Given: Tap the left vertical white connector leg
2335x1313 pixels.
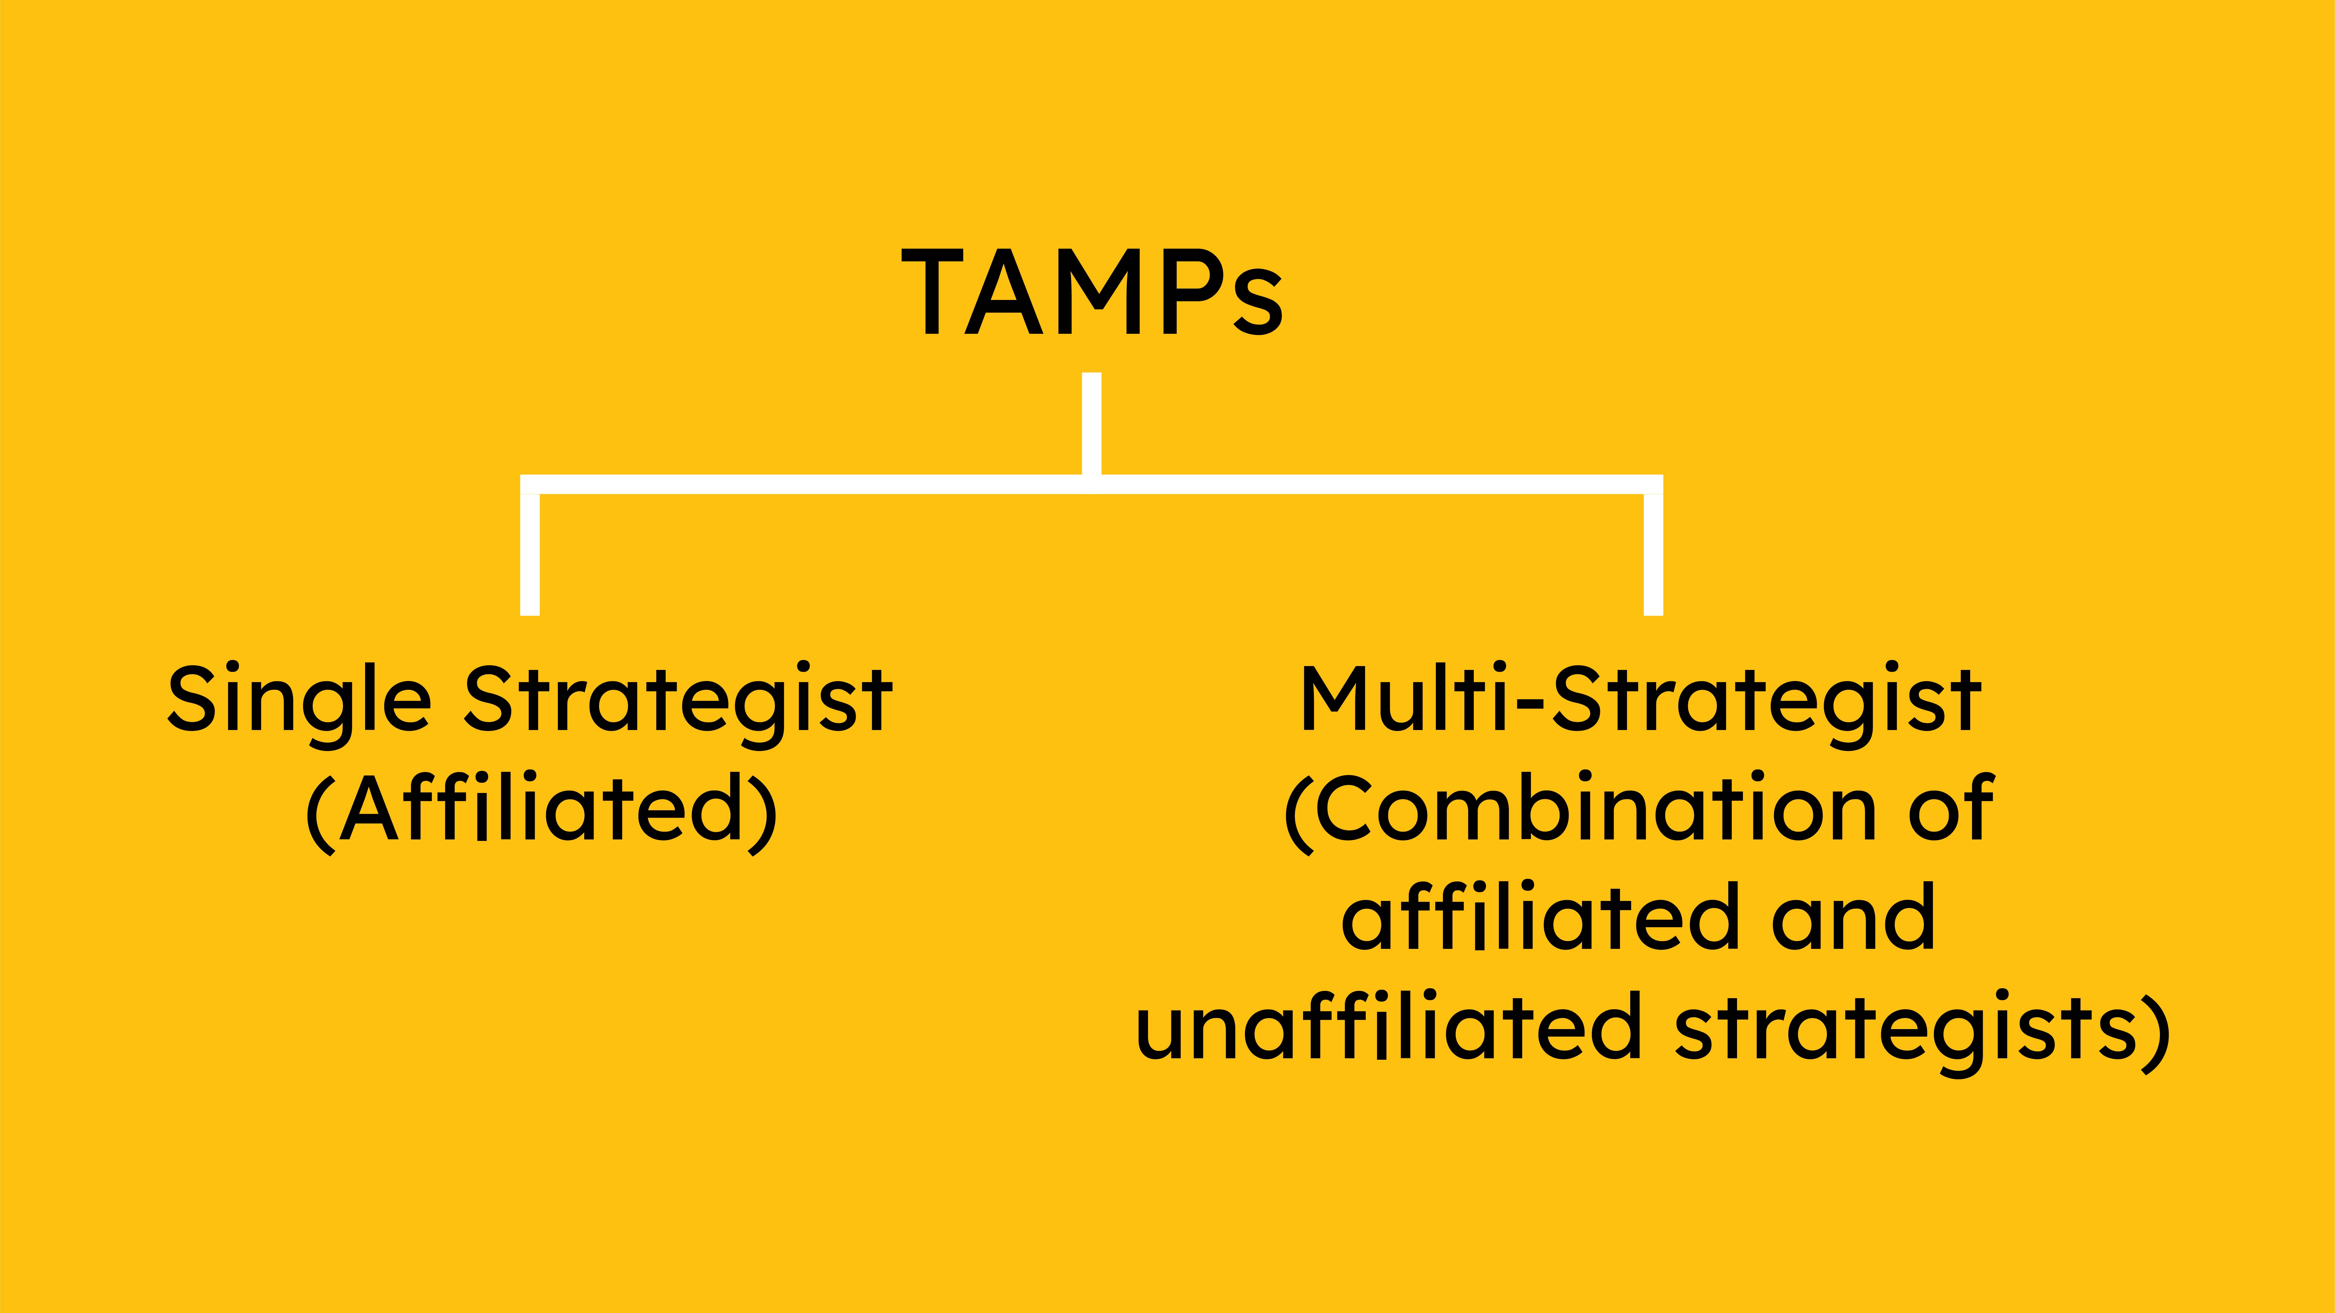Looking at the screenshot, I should point(530,555).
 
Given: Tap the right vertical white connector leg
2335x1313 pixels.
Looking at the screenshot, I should point(1653,555).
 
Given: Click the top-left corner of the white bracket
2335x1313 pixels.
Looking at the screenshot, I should point(530,484).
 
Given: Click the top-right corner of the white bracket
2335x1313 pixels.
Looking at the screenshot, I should point(1653,484).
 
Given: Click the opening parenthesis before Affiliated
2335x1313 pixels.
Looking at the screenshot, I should point(320,813).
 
